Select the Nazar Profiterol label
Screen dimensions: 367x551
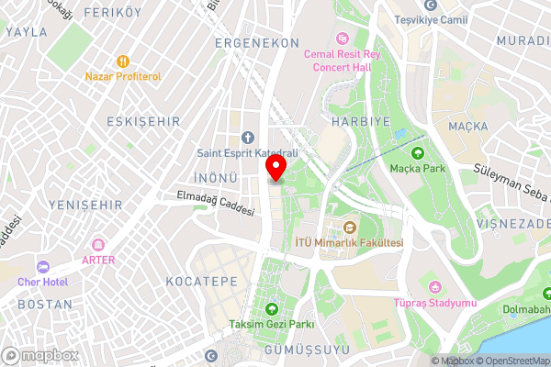[x=124, y=76]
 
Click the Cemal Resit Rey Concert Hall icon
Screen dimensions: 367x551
[x=343, y=38]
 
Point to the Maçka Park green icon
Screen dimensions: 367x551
[x=418, y=153]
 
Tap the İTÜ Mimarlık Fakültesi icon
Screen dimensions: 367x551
[x=348, y=227]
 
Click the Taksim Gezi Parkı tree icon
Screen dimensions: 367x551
[x=272, y=308]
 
